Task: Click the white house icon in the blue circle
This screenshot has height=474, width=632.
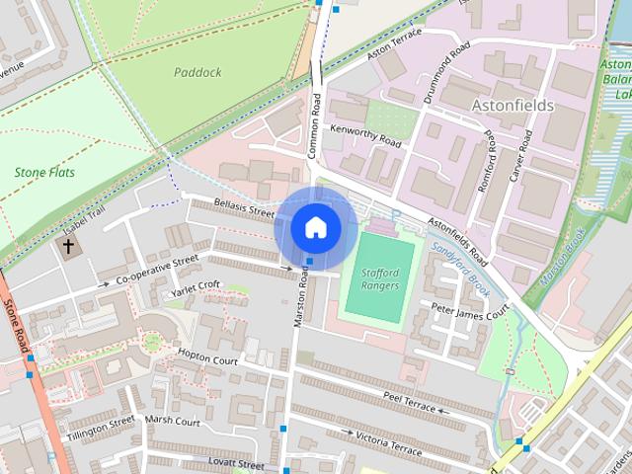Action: (315, 228)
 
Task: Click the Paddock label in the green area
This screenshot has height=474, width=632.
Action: (197, 72)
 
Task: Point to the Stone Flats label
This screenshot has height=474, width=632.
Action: (44, 172)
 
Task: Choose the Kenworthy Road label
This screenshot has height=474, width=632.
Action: (366, 143)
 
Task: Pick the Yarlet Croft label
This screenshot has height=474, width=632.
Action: (196, 287)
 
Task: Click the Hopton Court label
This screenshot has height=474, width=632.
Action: (207, 356)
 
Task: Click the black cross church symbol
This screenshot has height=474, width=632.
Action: (68, 244)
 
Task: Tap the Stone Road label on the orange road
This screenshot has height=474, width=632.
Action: (16, 327)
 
